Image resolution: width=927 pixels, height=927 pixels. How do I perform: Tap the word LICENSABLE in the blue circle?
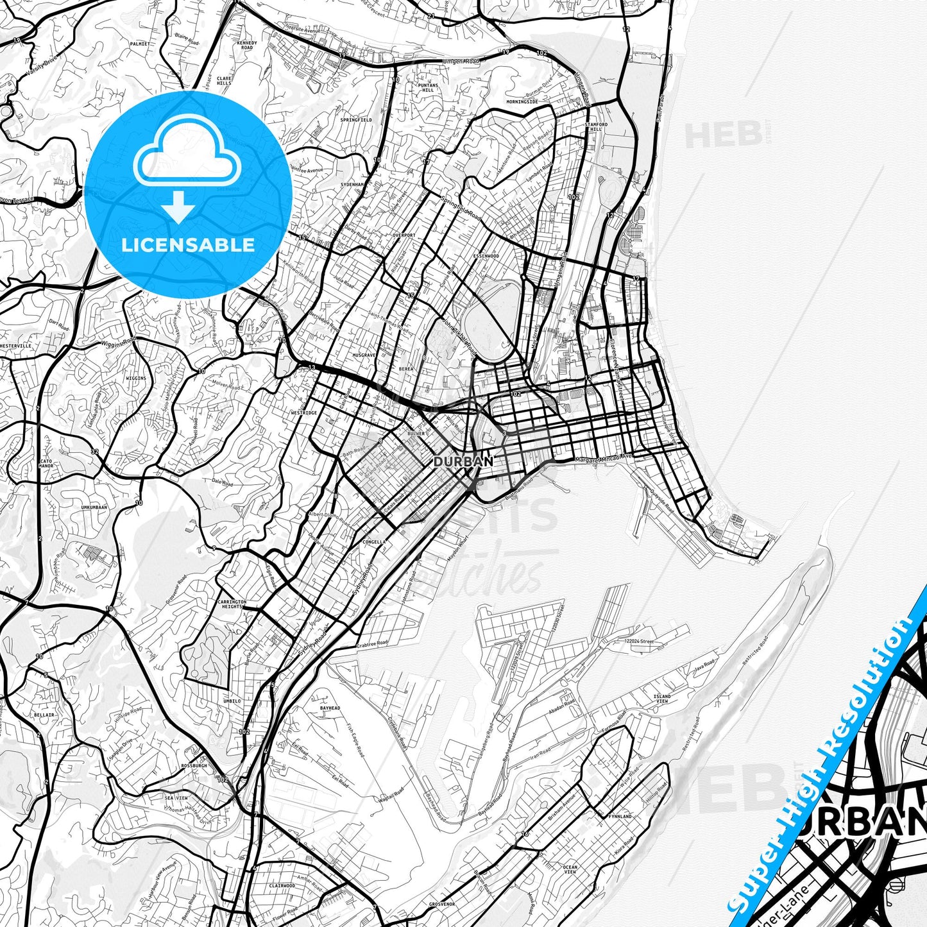coord(188,244)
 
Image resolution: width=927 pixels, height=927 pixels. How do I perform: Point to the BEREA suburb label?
coord(405,370)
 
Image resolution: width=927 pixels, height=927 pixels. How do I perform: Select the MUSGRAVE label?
coord(364,354)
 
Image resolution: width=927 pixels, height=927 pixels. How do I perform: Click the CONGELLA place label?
coord(374,541)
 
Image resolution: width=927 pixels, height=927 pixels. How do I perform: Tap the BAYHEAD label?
coord(330,708)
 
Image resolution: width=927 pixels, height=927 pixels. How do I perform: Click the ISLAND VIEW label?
coord(661,699)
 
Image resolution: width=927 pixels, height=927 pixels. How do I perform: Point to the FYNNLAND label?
coord(621,817)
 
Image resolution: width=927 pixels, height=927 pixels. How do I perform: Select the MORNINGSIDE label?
coord(522,101)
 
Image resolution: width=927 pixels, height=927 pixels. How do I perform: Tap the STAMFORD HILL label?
coord(596,126)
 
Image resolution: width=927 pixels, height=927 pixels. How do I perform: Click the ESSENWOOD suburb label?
coord(486,256)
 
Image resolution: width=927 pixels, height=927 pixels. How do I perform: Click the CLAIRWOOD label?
coord(282,885)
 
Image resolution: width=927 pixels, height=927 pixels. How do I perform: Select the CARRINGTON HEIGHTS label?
coord(232,604)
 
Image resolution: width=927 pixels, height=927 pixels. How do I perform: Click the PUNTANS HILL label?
coord(428,87)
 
